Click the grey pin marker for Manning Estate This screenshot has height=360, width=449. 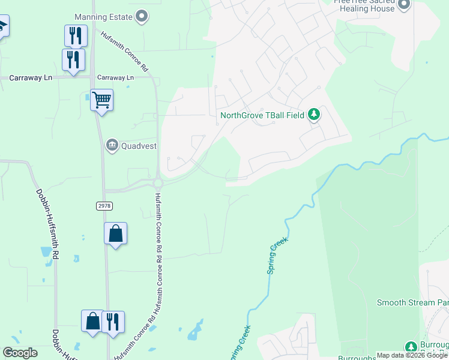[142, 16]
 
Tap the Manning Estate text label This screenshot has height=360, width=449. [103, 17]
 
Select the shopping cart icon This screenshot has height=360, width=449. [101, 100]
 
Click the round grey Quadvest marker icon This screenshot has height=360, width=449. [112, 145]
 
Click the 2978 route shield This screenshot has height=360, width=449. [104, 206]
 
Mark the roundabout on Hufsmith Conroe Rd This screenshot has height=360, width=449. [158, 183]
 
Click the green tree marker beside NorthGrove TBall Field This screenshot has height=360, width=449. [313, 114]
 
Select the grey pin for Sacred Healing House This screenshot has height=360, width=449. [403, 5]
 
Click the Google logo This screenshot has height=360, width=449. [20, 353]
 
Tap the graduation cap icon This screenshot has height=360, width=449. [2, 26]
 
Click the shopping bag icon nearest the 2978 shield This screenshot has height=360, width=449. [115, 233]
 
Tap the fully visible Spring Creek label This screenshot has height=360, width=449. [277, 256]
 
